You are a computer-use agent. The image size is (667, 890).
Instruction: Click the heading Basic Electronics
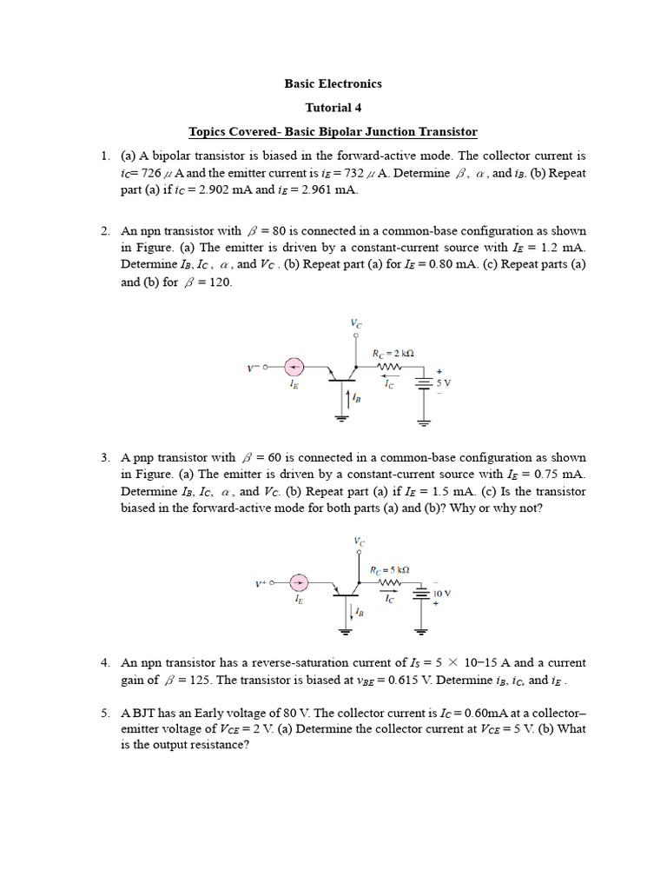point(333,84)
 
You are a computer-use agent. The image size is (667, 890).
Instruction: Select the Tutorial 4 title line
point(333,108)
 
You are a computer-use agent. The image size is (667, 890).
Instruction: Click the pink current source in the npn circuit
point(296,368)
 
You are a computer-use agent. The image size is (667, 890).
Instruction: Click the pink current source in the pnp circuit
point(298,583)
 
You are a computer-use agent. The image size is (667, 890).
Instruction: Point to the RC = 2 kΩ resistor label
point(393,353)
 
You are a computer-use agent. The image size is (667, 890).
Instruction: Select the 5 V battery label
point(443,382)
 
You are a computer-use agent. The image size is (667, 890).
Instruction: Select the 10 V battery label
point(442,594)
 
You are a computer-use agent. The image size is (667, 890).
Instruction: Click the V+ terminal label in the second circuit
point(260,584)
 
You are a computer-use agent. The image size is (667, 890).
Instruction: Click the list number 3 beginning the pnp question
point(104,457)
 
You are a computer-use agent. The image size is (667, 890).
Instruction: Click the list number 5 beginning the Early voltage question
point(104,713)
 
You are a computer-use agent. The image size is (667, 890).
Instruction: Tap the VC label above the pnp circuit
point(359,541)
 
